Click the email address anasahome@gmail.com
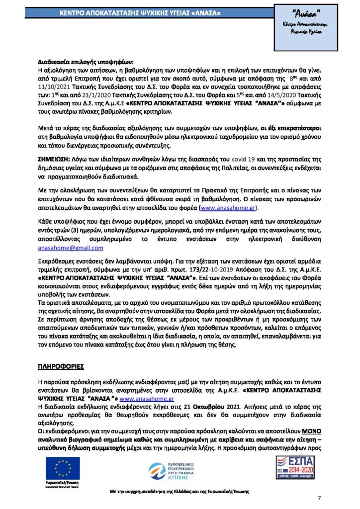(71, 247)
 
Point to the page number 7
(319, 498)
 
